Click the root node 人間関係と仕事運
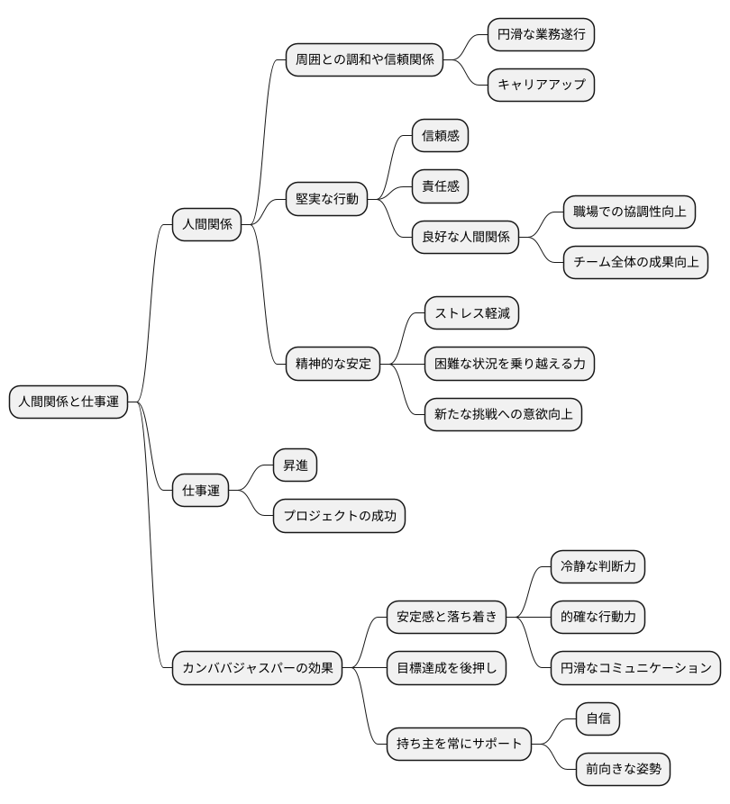[x=68, y=402]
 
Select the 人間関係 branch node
[x=206, y=224]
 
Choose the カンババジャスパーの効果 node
[x=257, y=668]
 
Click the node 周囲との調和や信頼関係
[x=364, y=60]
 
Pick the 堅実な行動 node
[x=326, y=199]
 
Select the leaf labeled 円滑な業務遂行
[x=541, y=35]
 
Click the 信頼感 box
[x=441, y=136]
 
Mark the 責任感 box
[x=441, y=186]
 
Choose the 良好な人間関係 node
[x=465, y=238]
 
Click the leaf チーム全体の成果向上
[x=635, y=263]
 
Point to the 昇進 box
[x=296, y=465]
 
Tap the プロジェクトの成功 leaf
[x=340, y=516]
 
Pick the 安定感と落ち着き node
[x=446, y=617]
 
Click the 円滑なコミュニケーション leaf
[x=635, y=668]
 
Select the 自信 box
[x=598, y=718]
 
